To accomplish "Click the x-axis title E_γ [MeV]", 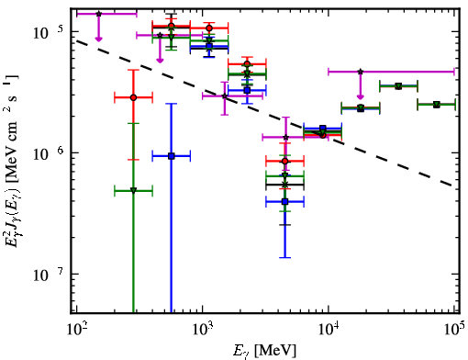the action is pyautogui.click(x=264, y=351).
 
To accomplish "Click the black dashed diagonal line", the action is pyautogui.click(x=264, y=113).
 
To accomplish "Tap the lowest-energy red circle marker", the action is pyautogui.click(x=133, y=97).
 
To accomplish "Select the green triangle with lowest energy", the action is pyautogui.click(x=133, y=190).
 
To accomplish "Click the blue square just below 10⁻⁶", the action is pyautogui.click(x=172, y=156).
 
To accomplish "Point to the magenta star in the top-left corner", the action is pyautogui.click(x=98, y=14).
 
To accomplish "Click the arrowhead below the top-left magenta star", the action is pyautogui.click(x=98, y=39).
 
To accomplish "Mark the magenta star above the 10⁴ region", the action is pyautogui.click(x=361, y=72).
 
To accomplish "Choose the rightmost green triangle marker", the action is pyautogui.click(x=437, y=105).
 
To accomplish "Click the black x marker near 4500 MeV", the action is pyautogui.click(x=285, y=185).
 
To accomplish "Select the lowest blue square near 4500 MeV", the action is pyautogui.click(x=285, y=201).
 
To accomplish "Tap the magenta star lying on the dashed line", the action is pyautogui.click(x=225, y=96).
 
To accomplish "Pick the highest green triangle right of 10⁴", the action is pyautogui.click(x=398, y=86).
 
